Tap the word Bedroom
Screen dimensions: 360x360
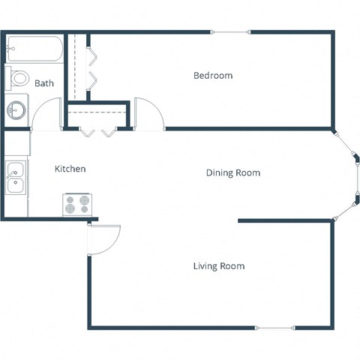click(x=213, y=76)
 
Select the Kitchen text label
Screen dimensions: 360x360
click(x=70, y=169)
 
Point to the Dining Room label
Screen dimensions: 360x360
click(x=233, y=173)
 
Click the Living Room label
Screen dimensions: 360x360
click(x=219, y=266)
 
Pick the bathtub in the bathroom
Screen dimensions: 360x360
click(x=34, y=49)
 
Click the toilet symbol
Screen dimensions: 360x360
click(x=18, y=77)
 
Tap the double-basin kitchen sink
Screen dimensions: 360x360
click(x=15, y=177)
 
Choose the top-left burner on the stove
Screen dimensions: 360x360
click(x=70, y=199)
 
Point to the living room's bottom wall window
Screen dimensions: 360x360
click(x=274, y=328)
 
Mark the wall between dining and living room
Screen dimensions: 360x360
click(x=285, y=220)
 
